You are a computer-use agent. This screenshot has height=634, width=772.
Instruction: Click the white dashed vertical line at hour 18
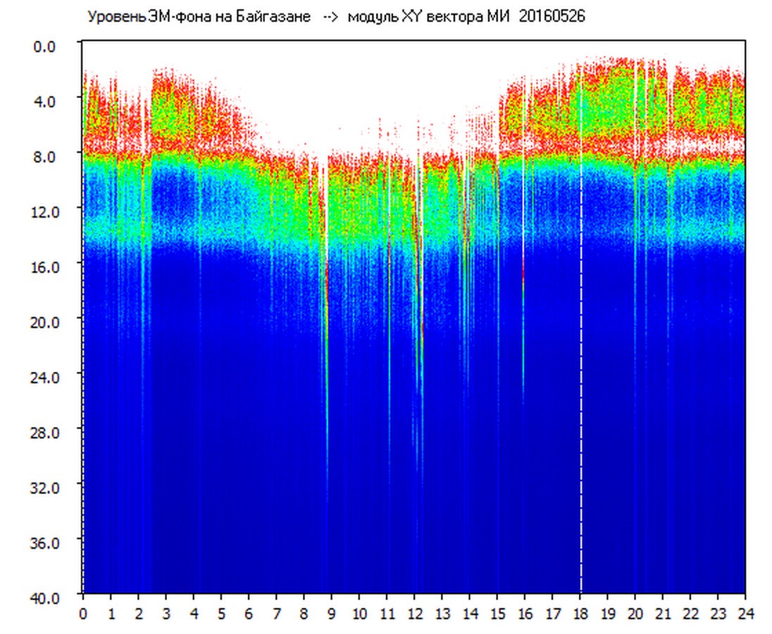pos(581,352)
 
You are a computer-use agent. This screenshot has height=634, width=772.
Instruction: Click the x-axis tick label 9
pos(332,613)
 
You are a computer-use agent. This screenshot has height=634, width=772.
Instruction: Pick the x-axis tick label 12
pos(414,613)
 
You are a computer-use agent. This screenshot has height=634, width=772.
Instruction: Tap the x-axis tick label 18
pos(580,613)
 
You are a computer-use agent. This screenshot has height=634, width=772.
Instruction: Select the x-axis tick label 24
pos(745,613)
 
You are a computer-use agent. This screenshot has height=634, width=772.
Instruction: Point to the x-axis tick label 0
pos(83,613)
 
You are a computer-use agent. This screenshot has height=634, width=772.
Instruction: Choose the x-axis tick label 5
pos(221,613)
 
